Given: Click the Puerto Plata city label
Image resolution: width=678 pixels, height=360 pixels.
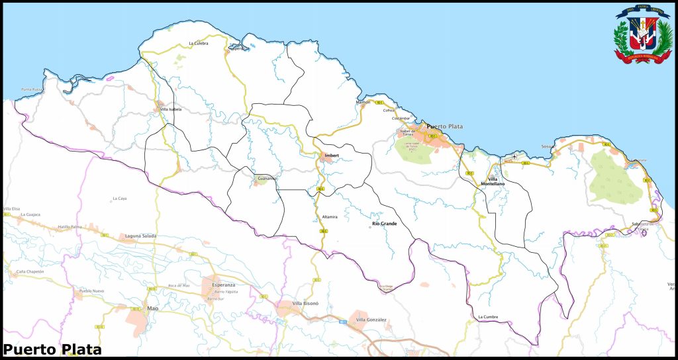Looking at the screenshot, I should coord(445,126).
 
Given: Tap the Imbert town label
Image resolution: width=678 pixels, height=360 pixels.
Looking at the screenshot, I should coord(331,156).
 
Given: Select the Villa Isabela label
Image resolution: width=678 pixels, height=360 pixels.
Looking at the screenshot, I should coord(171,109).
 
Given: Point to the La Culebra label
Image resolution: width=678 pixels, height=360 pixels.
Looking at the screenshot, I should coord(199,44).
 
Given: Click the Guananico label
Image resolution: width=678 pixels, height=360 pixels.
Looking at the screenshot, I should coord(267,179).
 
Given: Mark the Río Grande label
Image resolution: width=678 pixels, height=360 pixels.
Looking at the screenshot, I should coord(385,224).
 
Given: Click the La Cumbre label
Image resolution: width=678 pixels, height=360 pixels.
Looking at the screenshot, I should coord(488,318).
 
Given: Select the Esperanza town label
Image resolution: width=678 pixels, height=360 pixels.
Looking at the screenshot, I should coord(224,285).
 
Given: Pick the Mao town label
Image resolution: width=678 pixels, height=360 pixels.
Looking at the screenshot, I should coord(152,308).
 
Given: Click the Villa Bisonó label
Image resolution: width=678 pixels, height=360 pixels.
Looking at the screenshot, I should coord(306,303).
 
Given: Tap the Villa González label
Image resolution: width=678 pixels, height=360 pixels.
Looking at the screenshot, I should coord(371,320).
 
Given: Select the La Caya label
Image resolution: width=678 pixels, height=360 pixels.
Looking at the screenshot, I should coord(120,198).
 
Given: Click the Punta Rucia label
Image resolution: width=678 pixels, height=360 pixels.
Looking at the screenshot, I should coord(32,89).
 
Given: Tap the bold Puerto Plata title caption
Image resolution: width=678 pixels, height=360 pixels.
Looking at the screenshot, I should coord(53,349).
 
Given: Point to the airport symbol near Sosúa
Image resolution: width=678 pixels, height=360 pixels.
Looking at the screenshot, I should coord(514,156).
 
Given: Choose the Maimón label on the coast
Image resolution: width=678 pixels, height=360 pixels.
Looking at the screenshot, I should coord(363,103).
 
